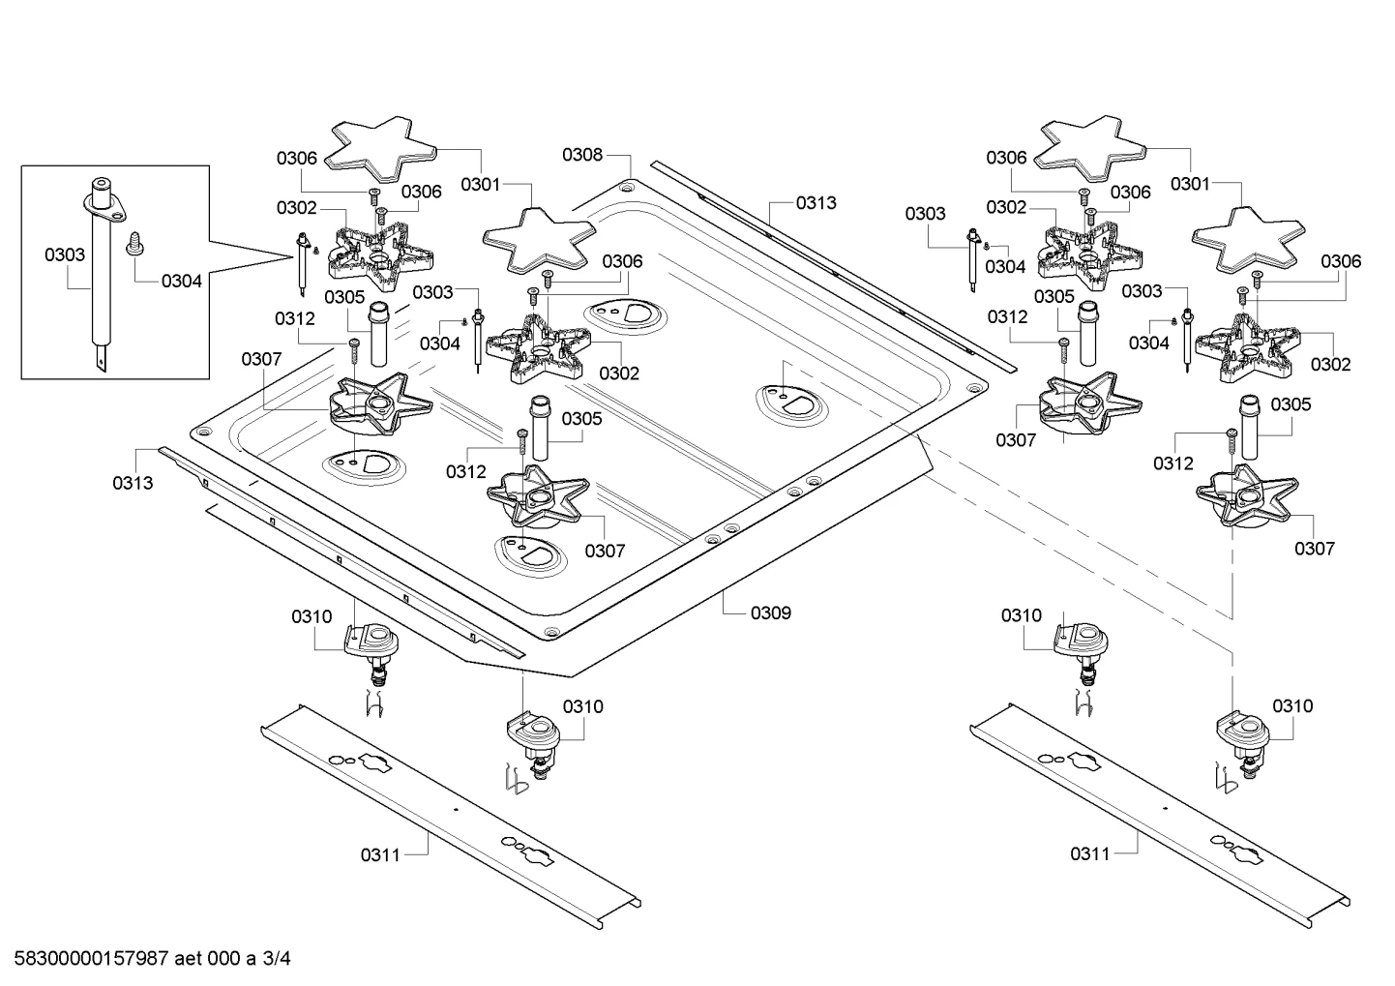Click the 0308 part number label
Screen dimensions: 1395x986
[x=582, y=155]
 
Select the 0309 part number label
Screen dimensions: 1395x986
[x=770, y=613]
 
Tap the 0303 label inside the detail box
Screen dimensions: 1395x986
[x=65, y=254]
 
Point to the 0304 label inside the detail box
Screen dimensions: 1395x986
[x=182, y=282]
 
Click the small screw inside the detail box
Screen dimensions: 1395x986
[x=134, y=244]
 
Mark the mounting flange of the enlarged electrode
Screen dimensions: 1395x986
[x=104, y=206]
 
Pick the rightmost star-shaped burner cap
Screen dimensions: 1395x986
[x=1247, y=240]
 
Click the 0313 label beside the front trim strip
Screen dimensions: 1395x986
[x=133, y=483]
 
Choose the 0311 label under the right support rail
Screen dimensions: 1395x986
[x=1090, y=853]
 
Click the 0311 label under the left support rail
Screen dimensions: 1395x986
[x=380, y=854]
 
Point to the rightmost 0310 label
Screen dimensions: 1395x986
[x=1292, y=705]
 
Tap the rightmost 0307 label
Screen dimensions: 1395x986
[x=1315, y=548]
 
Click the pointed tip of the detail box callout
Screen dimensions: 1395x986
[x=293, y=256]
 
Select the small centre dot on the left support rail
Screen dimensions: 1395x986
[x=456, y=809]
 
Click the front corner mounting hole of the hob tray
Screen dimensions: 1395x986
[x=549, y=633]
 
